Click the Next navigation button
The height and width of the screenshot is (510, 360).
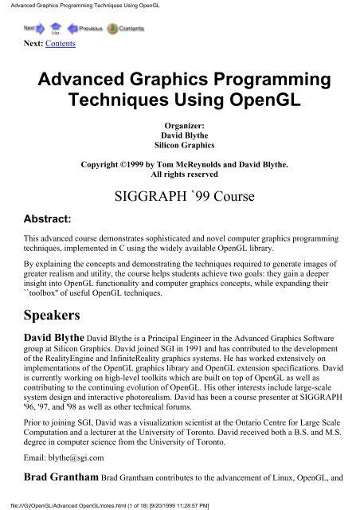33,28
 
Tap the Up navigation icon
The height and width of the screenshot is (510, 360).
56,29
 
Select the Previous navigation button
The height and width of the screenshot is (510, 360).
83,28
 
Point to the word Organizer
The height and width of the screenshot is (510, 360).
179,125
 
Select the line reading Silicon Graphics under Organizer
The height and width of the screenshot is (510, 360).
179,146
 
